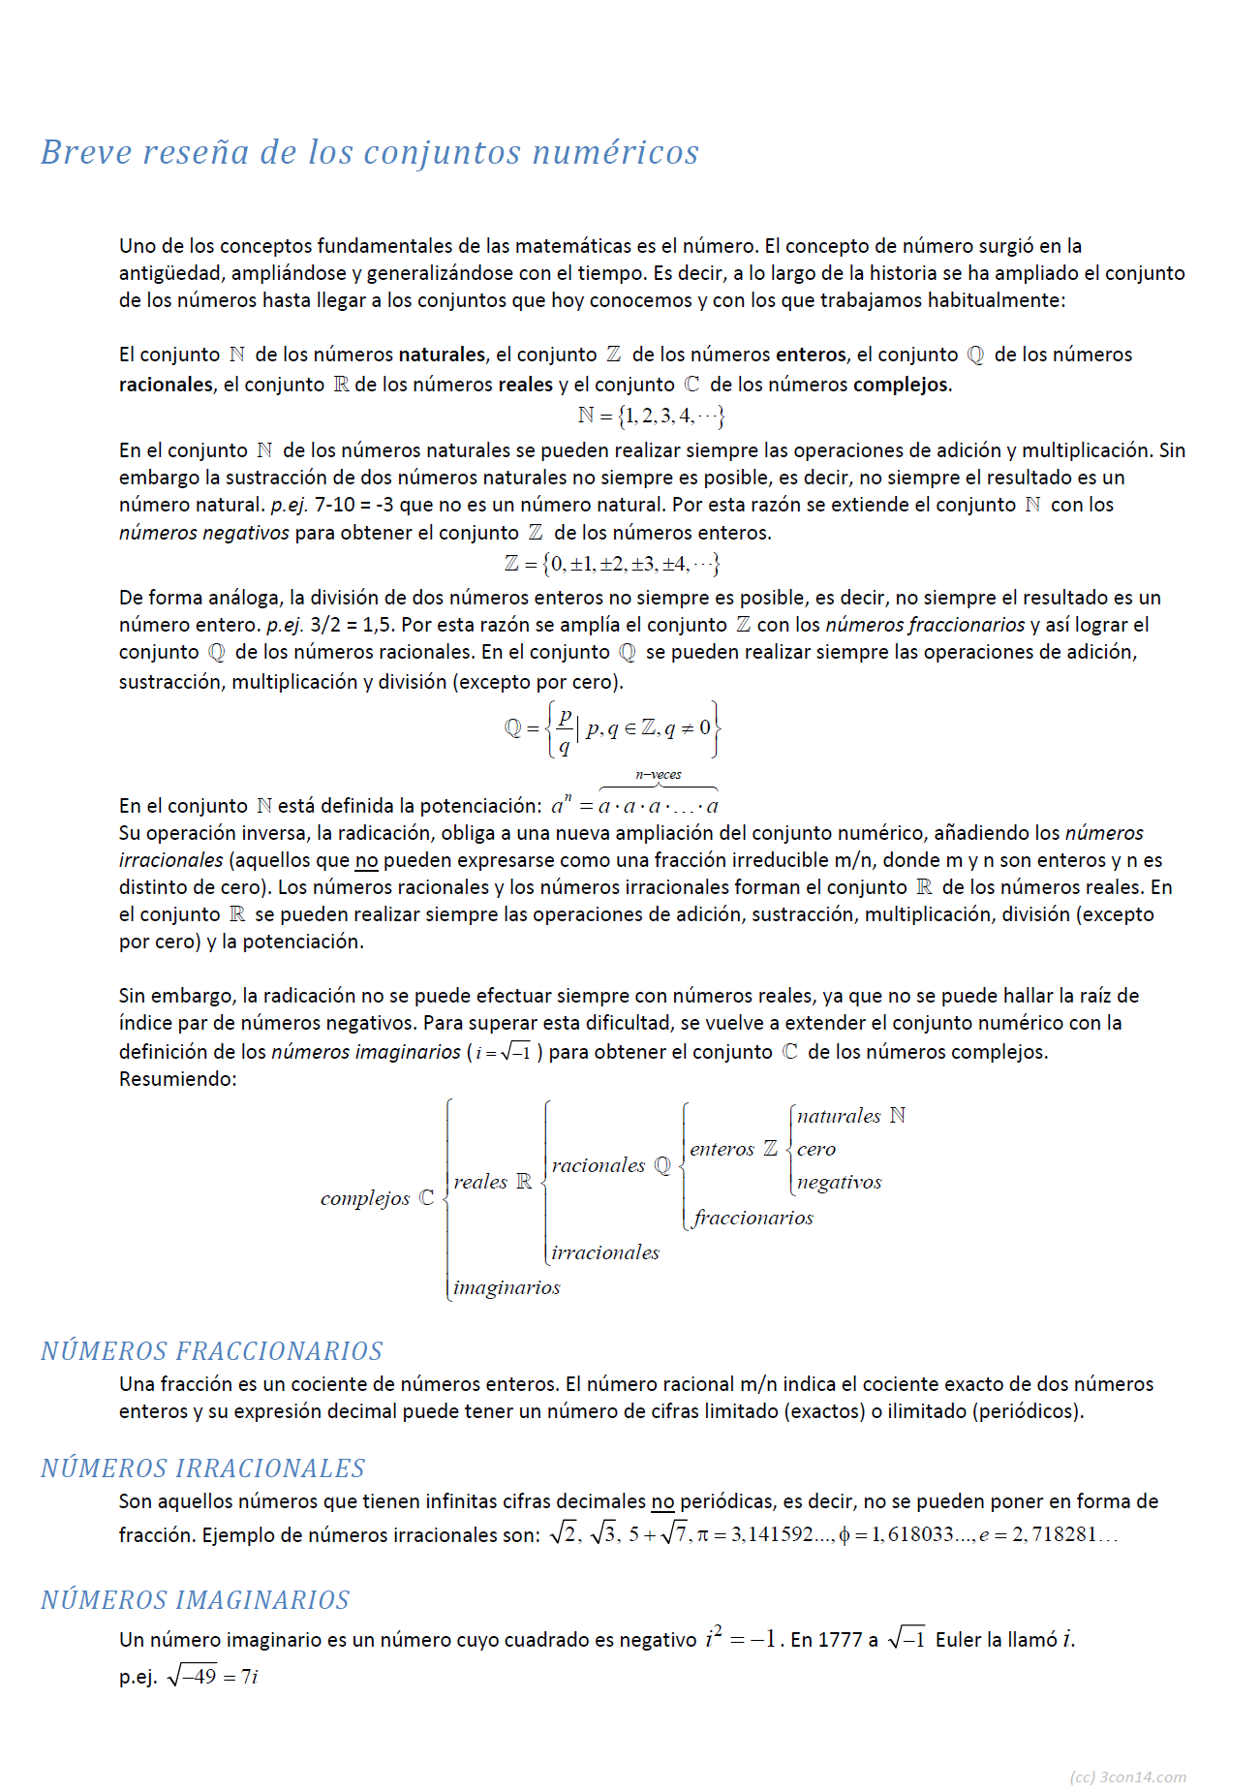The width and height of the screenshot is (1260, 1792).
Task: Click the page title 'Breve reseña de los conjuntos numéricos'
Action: (x=369, y=152)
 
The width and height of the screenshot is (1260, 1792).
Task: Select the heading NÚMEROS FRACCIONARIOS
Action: (x=211, y=1350)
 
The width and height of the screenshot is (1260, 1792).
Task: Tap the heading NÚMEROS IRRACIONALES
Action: (x=202, y=1468)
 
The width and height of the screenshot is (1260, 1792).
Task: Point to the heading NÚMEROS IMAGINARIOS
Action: (x=195, y=1599)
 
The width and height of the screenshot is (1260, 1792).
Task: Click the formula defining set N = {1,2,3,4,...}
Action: (x=651, y=416)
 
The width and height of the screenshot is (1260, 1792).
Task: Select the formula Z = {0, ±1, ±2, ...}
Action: (x=612, y=563)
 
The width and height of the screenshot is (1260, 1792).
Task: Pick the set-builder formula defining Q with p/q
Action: (x=612, y=728)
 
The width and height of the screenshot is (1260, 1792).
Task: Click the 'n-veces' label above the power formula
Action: (x=659, y=774)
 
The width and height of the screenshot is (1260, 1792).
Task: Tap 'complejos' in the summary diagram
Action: (x=365, y=1198)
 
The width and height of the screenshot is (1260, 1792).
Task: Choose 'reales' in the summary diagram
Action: (x=480, y=1182)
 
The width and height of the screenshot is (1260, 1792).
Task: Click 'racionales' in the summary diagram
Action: (x=598, y=1165)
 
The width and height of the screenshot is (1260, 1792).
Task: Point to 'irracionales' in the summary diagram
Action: (x=605, y=1252)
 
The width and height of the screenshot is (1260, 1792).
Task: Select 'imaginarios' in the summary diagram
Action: (x=507, y=1287)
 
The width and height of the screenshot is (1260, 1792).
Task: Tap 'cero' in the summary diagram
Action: (x=816, y=1149)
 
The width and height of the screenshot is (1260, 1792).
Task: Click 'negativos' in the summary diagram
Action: (x=839, y=1182)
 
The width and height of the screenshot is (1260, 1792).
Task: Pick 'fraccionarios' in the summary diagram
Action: (x=753, y=1218)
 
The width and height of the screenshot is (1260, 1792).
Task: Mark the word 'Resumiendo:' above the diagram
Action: (x=177, y=1078)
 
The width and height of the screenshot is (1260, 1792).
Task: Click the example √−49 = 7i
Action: (x=212, y=1676)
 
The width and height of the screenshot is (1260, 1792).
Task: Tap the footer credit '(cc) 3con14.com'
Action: (x=1127, y=1777)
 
